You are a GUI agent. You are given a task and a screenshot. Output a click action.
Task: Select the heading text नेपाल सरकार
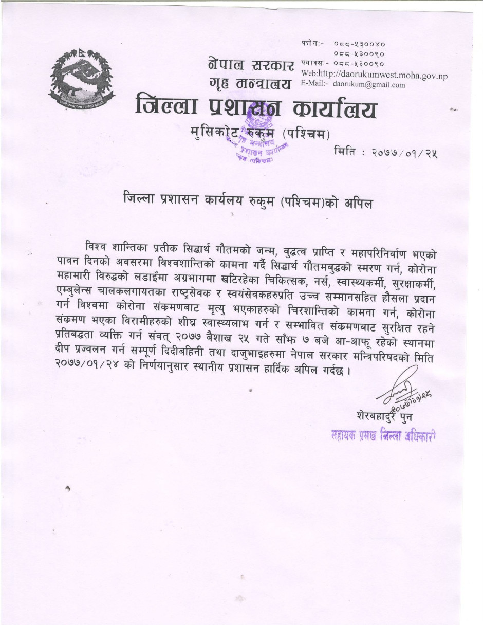[x=251, y=65]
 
